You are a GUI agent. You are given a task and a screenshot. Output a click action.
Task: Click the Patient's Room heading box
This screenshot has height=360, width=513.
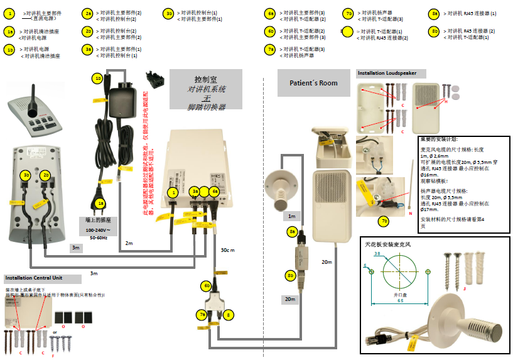pos(313,83)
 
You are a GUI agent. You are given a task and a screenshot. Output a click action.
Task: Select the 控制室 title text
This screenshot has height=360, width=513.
pos(205,80)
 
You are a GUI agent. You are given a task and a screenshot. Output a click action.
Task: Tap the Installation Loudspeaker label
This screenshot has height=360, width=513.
pos(387,74)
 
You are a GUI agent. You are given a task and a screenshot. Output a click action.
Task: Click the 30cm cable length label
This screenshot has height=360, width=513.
pos(227,250)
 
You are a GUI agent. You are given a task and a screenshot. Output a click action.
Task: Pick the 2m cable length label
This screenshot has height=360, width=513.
pos(129,243)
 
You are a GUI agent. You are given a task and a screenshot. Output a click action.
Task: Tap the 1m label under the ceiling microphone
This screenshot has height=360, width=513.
pos(291,216)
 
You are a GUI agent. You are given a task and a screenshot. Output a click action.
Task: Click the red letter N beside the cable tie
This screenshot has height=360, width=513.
pos(410,214)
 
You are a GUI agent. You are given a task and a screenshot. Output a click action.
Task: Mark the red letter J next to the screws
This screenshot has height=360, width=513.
pos(464,289)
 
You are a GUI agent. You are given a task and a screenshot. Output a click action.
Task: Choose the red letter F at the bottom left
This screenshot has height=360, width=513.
pos(52,356)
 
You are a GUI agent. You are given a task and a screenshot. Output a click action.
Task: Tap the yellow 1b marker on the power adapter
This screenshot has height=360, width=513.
pos(97,79)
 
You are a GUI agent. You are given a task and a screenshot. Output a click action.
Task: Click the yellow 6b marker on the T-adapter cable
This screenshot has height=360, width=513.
pos(206,285)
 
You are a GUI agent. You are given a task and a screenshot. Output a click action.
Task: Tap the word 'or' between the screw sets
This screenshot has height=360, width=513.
pos(55,332)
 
